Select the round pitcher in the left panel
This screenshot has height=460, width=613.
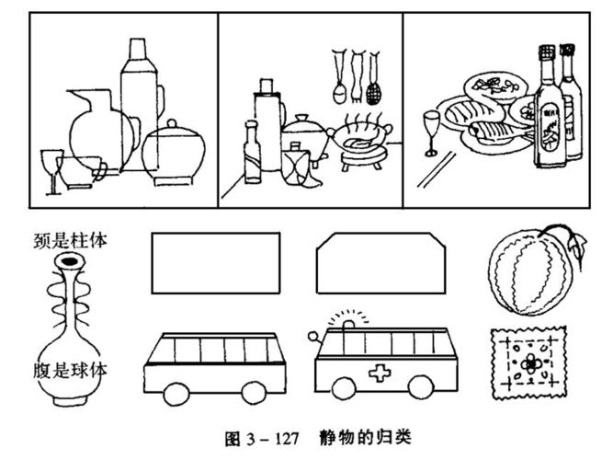coord(90,129)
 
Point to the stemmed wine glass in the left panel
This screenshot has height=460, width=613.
coord(49,170)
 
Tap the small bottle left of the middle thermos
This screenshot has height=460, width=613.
coord(251,152)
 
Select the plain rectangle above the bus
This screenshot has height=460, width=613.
coord(215,261)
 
